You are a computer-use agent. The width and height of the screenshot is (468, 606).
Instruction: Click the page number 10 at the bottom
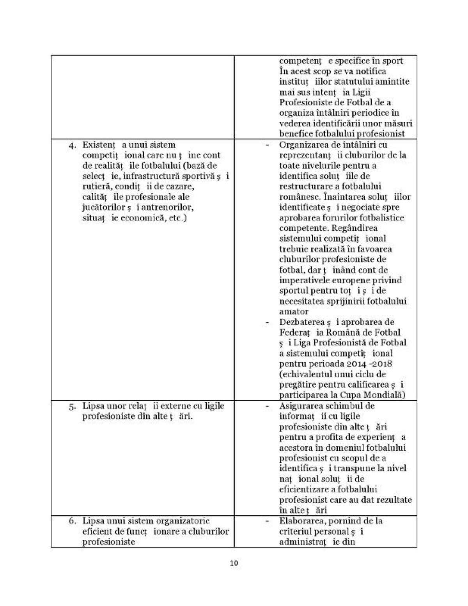coord(234,563)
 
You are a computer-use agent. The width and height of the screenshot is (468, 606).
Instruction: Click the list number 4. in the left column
coord(73,145)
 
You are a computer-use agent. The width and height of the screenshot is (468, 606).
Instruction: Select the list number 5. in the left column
coord(73,406)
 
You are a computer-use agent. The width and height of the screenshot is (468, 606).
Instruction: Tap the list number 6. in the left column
coord(73,521)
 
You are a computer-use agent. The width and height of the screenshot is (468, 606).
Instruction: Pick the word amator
coord(294,311)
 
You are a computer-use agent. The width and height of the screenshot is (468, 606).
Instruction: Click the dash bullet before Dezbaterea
coord(268,322)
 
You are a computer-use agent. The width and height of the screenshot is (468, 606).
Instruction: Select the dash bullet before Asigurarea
coord(268,406)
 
